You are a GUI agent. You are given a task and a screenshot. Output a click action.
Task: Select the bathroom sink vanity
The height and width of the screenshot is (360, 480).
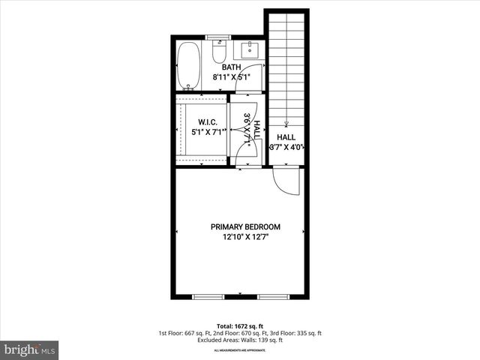(x=248, y=50)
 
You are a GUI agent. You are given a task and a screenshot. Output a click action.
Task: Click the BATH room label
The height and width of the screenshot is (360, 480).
(x=231, y=67)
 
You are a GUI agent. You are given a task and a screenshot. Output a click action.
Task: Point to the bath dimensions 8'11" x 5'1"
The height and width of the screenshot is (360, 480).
(x=231, y=76)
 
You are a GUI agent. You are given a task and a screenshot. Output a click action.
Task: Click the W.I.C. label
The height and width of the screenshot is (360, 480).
(x=208, y=122)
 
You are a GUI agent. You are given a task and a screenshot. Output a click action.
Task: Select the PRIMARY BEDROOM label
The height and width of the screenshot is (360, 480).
(x=245, y=227)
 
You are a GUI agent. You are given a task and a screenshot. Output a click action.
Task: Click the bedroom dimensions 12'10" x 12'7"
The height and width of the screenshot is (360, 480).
(x=245, y=238)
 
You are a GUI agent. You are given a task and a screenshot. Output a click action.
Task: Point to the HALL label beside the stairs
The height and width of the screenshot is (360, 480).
(x=286, y=137)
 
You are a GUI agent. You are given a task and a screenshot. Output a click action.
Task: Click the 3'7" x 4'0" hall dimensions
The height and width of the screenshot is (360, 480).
(x=286, y=148)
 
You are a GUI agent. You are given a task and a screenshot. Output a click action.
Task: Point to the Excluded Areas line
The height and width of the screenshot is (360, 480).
(x=239, y=341)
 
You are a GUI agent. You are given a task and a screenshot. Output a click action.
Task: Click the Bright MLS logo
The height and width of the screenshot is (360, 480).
(x=30, y=349)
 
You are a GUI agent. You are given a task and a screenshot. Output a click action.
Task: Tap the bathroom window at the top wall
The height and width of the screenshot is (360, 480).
(x=218, y=36)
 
